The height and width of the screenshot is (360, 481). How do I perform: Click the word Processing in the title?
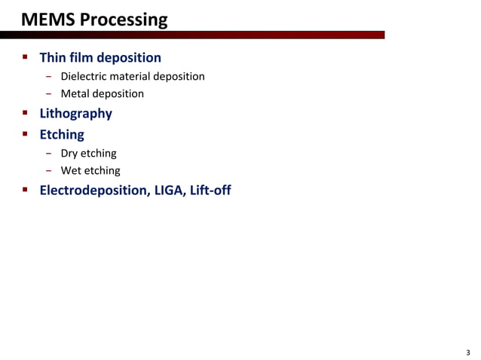(123, 19)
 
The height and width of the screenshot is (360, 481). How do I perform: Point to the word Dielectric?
(85, 76)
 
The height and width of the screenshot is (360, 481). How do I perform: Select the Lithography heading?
(75, 114)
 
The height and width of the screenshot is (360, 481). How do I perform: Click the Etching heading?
(62, 135)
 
